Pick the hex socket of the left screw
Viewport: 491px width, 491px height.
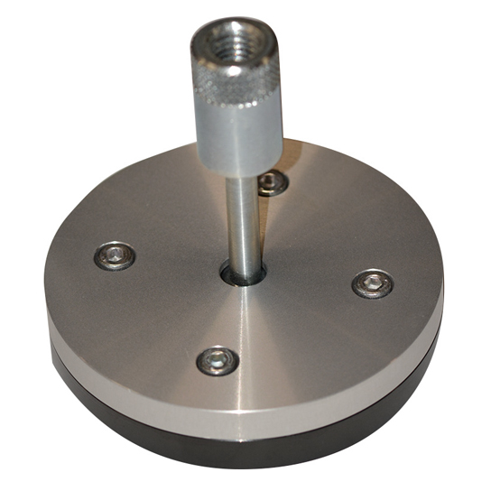[115, 255]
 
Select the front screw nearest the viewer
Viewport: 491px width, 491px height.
[218, 361]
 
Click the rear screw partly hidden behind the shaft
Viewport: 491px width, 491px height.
[272, 183]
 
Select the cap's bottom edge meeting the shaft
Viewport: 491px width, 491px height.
[242, 174]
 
